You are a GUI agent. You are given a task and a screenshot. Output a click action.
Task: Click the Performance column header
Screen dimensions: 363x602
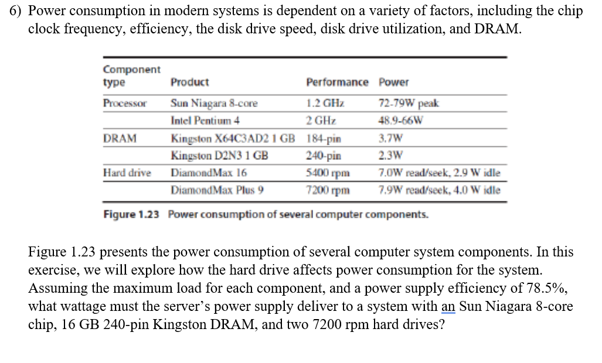(x=337, y=83)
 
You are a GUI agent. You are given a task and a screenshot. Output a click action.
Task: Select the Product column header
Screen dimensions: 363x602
(x=189, y=83)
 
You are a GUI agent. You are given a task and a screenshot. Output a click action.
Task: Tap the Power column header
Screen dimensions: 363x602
(x=394, y=83)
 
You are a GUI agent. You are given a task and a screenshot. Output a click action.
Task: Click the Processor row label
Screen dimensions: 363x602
(x=124, y=104)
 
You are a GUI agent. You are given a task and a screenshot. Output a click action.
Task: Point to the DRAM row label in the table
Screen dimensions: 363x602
(x=120, y=139)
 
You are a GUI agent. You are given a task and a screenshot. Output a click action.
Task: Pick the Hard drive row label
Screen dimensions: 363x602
(x=127, y=173)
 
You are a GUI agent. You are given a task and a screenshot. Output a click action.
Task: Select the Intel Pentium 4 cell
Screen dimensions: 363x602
(x=205, y=122)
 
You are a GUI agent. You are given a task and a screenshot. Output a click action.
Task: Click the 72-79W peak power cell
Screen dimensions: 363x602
(x=409, y=104)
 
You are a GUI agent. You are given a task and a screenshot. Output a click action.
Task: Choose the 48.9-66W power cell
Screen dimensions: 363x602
(x=401, y=122)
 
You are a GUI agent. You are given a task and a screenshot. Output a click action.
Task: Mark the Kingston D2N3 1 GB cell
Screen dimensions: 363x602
(x=219, y=156)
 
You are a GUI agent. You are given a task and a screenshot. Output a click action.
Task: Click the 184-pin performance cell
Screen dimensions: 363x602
(x=324, y=139)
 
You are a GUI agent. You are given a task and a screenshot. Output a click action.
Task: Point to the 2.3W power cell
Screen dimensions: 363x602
(x=390, y=156)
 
